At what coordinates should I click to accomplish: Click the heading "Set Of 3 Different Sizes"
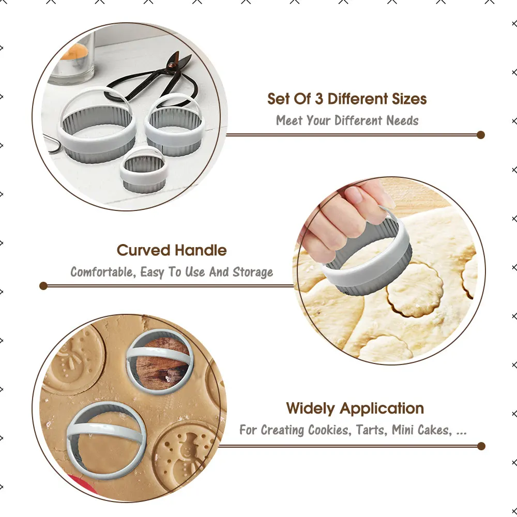pyautogui.click(x=347, y=98)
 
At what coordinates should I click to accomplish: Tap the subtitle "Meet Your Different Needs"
pyautogui.click(x=347, y=121)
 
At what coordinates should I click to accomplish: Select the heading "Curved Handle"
pyautogui.click(x=172, y=250)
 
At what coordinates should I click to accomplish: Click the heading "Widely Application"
pyautogui.click(x=355, y=408)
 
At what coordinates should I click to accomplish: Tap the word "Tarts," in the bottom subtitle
pyautogui.click(x=372, y=430)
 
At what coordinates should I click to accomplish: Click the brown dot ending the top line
pyautogui.click(x=481, y=135)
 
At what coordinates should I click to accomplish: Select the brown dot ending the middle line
pyautogui.click(x=43, y=285)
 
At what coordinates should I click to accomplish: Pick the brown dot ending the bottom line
pyautogui.click(x=481, y=446)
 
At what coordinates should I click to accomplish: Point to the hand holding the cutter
pyautogui.click(x=341, y=217)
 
